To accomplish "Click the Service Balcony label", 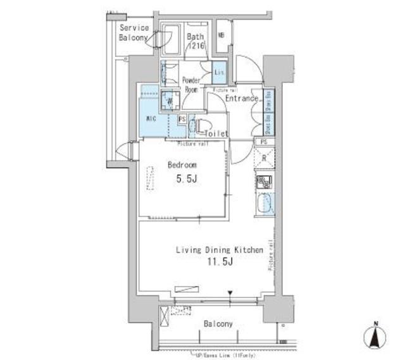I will click(134, 32).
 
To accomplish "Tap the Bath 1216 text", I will click(196, 41).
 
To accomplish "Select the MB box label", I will click(221, 35).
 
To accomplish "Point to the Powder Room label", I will click(190, 85).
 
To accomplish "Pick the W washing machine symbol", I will click(169, 100).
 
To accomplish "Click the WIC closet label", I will click(151, 118).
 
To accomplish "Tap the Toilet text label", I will click(216, 133).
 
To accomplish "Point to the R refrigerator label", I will click(263, 158).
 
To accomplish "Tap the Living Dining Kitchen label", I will click(219, 251).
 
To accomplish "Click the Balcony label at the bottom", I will click(218, 324).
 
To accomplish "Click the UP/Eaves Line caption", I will click(220, 356).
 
